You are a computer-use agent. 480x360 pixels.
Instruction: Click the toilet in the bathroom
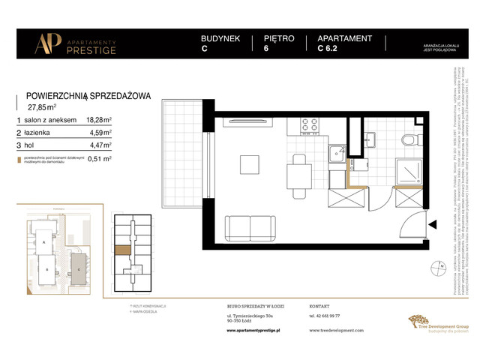[x=406, y=139]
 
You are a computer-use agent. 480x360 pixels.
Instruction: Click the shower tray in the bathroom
[x=411, y=170]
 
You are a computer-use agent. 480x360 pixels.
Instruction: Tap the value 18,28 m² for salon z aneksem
[x=99, y=119]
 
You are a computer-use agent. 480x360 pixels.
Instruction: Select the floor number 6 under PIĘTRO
[x=267, y=51]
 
